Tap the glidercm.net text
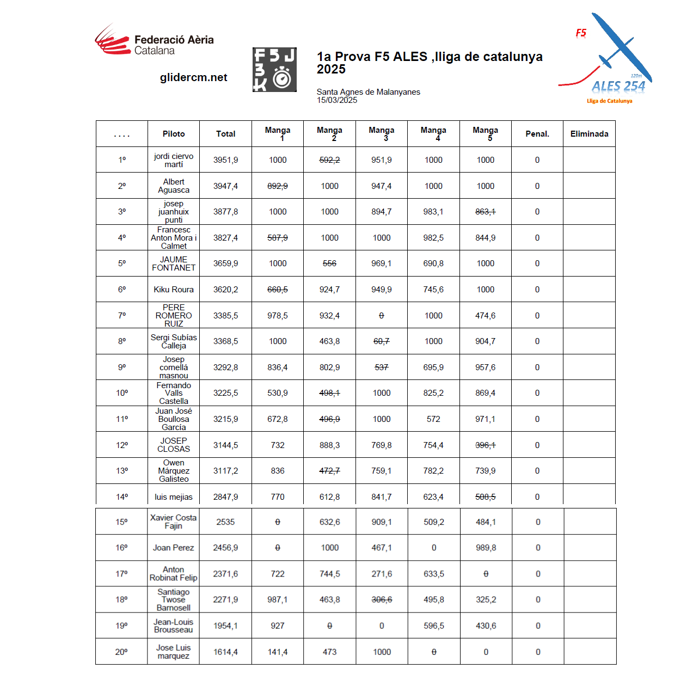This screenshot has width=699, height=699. [x=193, y=77]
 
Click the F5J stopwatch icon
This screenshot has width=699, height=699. [x=274, y=70]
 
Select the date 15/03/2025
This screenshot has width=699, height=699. [x=337, y=100]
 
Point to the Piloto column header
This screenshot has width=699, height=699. [x=174, y=134]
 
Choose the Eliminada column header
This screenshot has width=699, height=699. [x=589, y=134]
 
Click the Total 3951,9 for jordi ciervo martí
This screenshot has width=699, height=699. [x=225, y=160]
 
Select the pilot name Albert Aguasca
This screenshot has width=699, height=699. [x=174, y=186]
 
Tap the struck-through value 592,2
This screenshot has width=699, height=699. [x=329, y=160]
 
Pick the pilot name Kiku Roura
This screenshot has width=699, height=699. [x=174, y=290]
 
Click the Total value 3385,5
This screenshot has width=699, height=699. [x=225, y=316]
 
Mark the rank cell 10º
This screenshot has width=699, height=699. [x=122, y=393]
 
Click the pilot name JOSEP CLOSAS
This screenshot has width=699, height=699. [x=174, y=445]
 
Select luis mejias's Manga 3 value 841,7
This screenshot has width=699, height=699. [x=382, y=497]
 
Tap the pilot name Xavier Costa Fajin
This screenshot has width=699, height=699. [x=173, y=522]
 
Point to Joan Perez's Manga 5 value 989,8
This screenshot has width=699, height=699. [x=486, y=548]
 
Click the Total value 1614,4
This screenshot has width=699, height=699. [x=225, y=652]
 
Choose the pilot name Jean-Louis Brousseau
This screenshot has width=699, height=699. [x=173, y=626]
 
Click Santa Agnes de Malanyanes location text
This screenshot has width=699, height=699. [x=369, y=92]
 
